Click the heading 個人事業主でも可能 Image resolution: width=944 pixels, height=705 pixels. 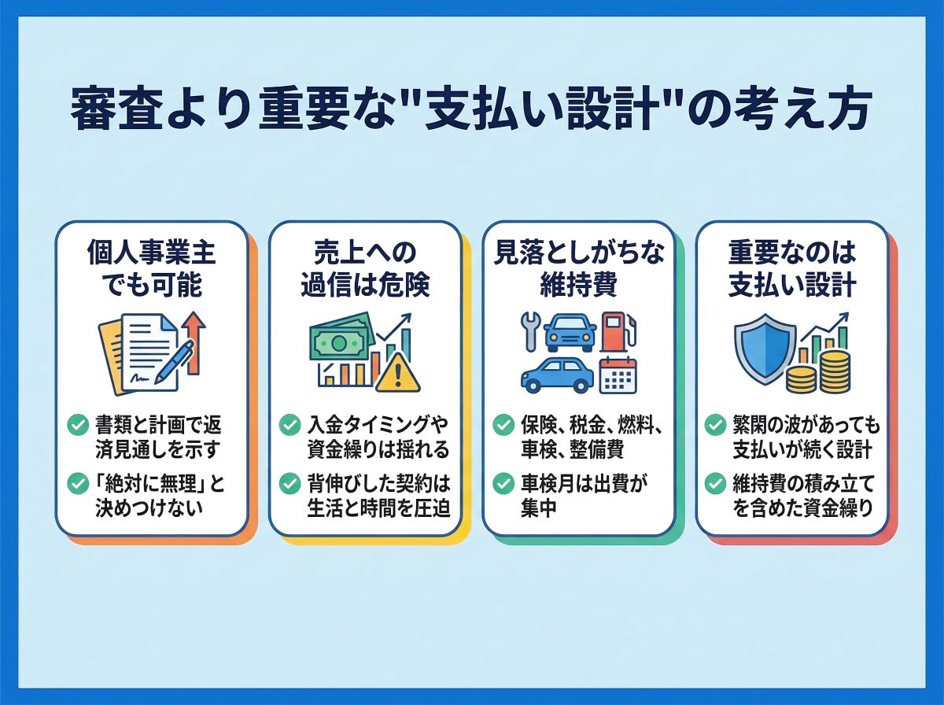pos(151,269)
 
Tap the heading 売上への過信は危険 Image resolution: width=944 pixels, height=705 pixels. pos(365,269)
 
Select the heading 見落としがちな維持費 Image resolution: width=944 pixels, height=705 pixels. pos(578,269)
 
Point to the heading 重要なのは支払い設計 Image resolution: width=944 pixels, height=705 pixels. pos(791,269)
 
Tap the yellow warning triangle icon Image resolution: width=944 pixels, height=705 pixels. pos(398,373)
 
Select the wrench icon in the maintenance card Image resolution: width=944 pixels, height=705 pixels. pos(528,330)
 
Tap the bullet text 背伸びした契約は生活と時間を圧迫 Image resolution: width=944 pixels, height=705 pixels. pos(378,495)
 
